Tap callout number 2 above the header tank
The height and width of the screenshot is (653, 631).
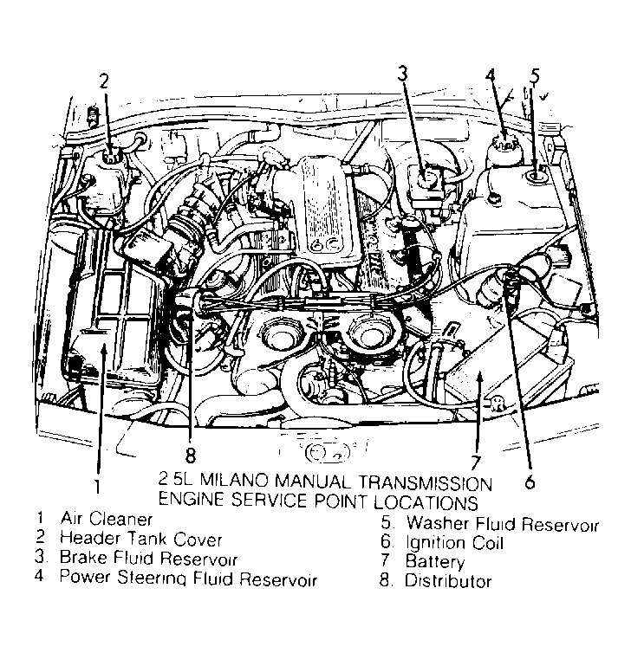[x=103, y=82]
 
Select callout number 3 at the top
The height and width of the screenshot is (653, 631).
[x=402, y=74]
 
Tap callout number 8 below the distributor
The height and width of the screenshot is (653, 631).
[x=191, y=453]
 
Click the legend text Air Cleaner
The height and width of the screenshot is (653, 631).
[x=107, y=520]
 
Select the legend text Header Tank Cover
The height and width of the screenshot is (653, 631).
[x=128, y=540]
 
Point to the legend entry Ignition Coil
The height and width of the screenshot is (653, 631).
[x=454, y=543]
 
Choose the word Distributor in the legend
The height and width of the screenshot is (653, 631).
[x=448, y=581]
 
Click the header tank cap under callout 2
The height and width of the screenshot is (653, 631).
[x=110, y=158]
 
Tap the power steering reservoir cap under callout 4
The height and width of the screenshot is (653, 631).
[x=500, y=142]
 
